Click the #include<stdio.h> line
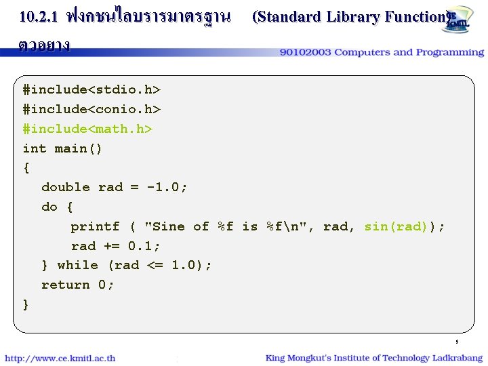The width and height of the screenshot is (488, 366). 91,89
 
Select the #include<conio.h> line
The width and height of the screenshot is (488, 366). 91,109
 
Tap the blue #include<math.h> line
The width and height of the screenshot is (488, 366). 87,129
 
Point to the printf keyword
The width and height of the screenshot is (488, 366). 95,226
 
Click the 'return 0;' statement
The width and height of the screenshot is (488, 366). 78,285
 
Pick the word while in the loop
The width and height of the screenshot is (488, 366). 77,265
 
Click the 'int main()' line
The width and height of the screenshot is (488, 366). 62,148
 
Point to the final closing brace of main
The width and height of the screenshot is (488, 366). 26,304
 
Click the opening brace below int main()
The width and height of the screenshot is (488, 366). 26,167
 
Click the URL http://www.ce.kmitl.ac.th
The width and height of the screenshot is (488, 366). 60,358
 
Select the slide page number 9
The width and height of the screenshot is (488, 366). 457,342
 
